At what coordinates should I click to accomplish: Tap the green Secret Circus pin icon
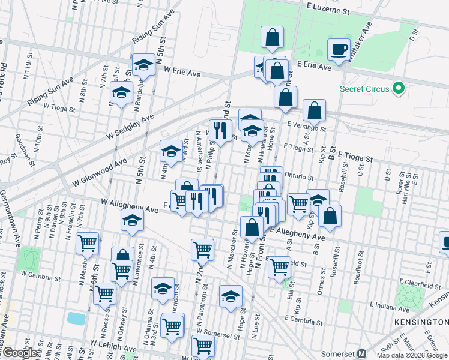pyautogui.click(x=397, y=89)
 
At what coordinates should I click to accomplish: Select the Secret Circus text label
pyautogui.click(x=364, y=89)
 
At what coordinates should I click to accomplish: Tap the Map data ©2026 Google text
pyautogui.click(x=411, y=355)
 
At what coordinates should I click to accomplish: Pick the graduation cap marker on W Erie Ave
pyautogui.click(x=144, y=65)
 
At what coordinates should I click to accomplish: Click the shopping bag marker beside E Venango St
pyautogui.click(x=314, y=110)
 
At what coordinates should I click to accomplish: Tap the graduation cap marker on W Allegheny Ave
pyautogui.click(x=132, y=220)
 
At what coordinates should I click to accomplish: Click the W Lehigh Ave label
pyautogui.click(x=113, y=346)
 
